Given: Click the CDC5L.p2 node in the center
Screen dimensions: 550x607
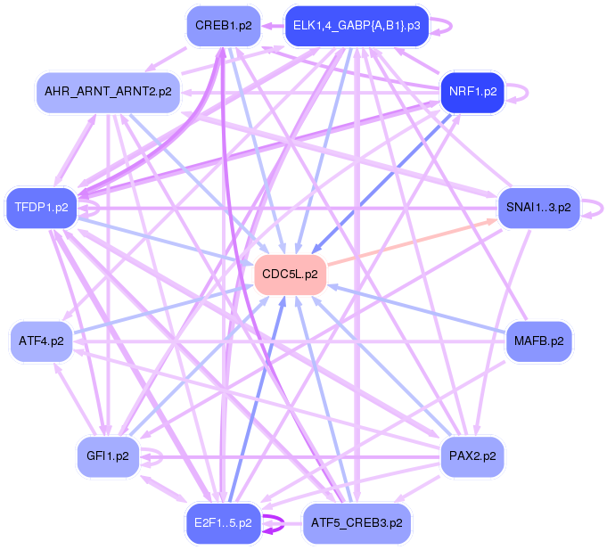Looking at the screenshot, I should (x=291, y=274).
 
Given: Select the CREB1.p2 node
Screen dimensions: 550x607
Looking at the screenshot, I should (x=223, y=26).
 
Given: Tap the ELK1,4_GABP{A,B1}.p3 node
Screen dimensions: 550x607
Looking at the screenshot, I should (x=356, y=26).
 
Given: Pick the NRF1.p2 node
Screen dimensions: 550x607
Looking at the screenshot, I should (x=472, y=92).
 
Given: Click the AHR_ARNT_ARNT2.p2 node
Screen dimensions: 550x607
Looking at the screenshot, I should (x=108, y=92).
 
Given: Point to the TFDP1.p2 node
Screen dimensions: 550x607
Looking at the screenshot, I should (x=41, y=208).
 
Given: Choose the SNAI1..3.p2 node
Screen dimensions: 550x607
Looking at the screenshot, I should (x=537, y=207).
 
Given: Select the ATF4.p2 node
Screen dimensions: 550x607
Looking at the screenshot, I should (x=41, y=341).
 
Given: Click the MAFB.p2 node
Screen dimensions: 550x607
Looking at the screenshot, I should (x=538, y=341).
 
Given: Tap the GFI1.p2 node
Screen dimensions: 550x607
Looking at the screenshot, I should (x=107, y=456).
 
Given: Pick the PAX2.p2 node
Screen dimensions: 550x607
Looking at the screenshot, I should (x=472, y=456).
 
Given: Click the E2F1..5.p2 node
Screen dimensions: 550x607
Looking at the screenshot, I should (x=223, y=522).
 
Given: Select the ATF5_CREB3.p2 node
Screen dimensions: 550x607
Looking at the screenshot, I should (x=357, y=522).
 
